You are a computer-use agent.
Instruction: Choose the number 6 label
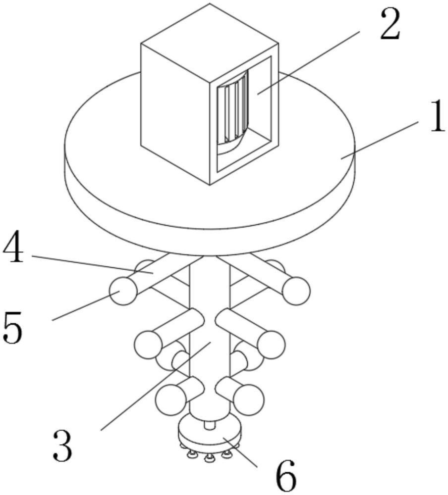coord(285,476)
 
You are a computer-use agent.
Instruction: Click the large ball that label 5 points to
coord(122,291)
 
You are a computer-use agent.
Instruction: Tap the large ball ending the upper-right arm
coord(296,290)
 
